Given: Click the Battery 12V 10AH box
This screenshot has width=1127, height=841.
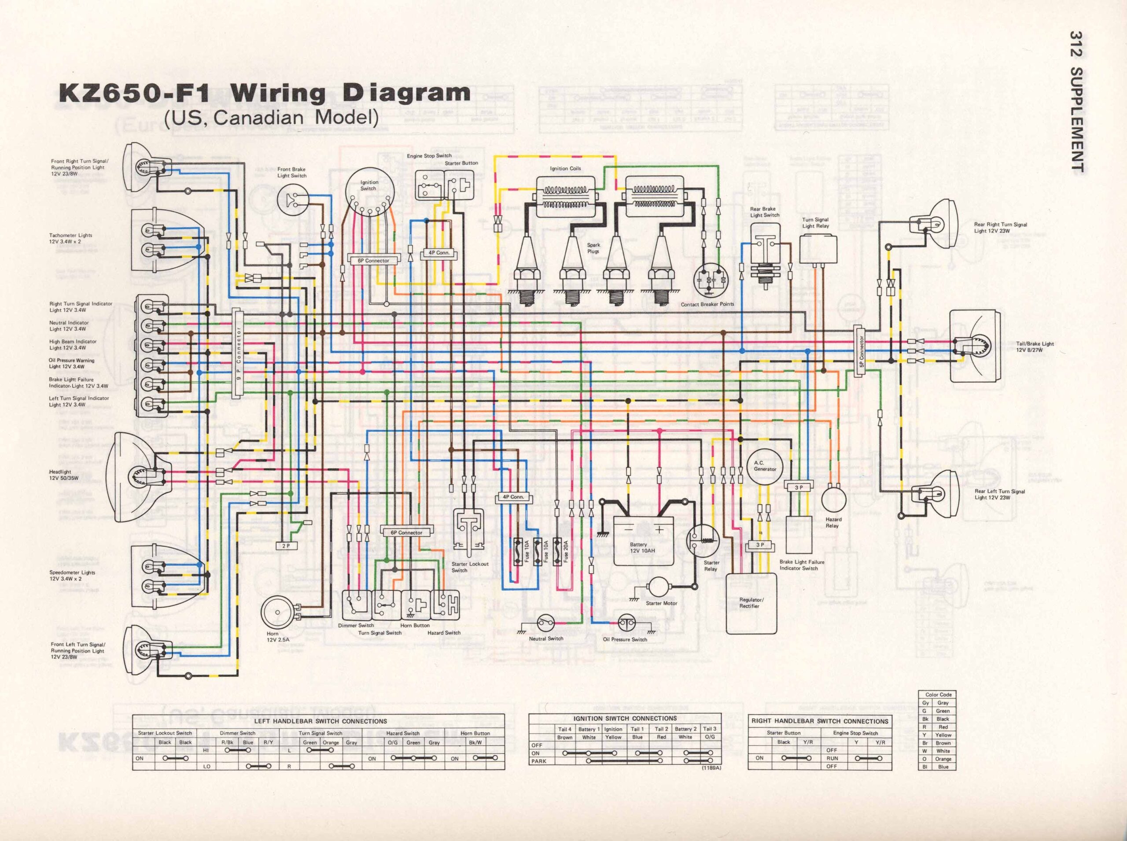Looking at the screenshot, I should point(643,540).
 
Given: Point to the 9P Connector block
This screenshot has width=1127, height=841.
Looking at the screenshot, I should point(238,352).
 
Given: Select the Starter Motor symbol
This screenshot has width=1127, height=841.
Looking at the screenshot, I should point(660,586).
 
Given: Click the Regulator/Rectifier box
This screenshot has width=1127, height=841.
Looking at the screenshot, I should point(751,603).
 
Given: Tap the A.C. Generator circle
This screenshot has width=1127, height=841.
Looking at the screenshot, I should point(765,466).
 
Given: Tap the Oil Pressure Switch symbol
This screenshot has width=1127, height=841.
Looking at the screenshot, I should point(626,622).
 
